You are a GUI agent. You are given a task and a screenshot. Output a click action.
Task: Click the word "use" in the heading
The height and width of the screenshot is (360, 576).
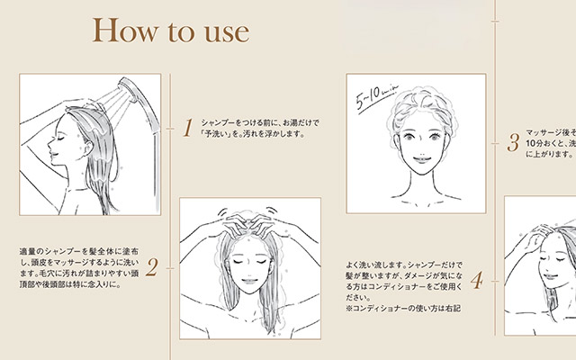221,33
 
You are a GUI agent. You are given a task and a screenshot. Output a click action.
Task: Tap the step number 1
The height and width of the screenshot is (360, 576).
188,128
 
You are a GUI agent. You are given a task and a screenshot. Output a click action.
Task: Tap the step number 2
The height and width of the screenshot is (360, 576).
152,266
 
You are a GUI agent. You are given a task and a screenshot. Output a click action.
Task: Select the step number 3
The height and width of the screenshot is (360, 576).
512,142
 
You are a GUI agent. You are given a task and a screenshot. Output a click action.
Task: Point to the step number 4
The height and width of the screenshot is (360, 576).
477,282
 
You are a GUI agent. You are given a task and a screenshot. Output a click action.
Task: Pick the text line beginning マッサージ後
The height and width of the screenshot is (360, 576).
549,130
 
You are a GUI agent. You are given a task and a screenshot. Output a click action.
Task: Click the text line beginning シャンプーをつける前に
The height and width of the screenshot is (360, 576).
260,121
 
